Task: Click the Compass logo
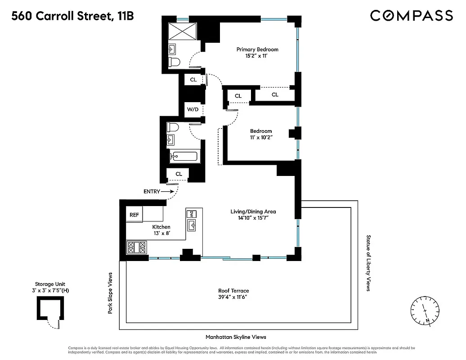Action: click(x=411, y=16)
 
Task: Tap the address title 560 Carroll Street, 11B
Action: click(x=72, y=17)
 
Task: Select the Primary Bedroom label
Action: click(x=257, y=49)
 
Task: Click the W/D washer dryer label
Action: click(x=193, y=109)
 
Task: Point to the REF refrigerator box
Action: click(x=134, y=215)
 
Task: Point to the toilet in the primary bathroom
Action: click(x=174, y=62)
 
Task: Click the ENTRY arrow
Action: click(x=167, y=191)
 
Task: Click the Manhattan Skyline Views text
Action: click(x=236, y=337)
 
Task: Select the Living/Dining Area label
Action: click(x=253, y=211)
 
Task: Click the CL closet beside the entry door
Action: click(x=179, y=174)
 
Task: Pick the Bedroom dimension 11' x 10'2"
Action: click(x=261, y=138)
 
